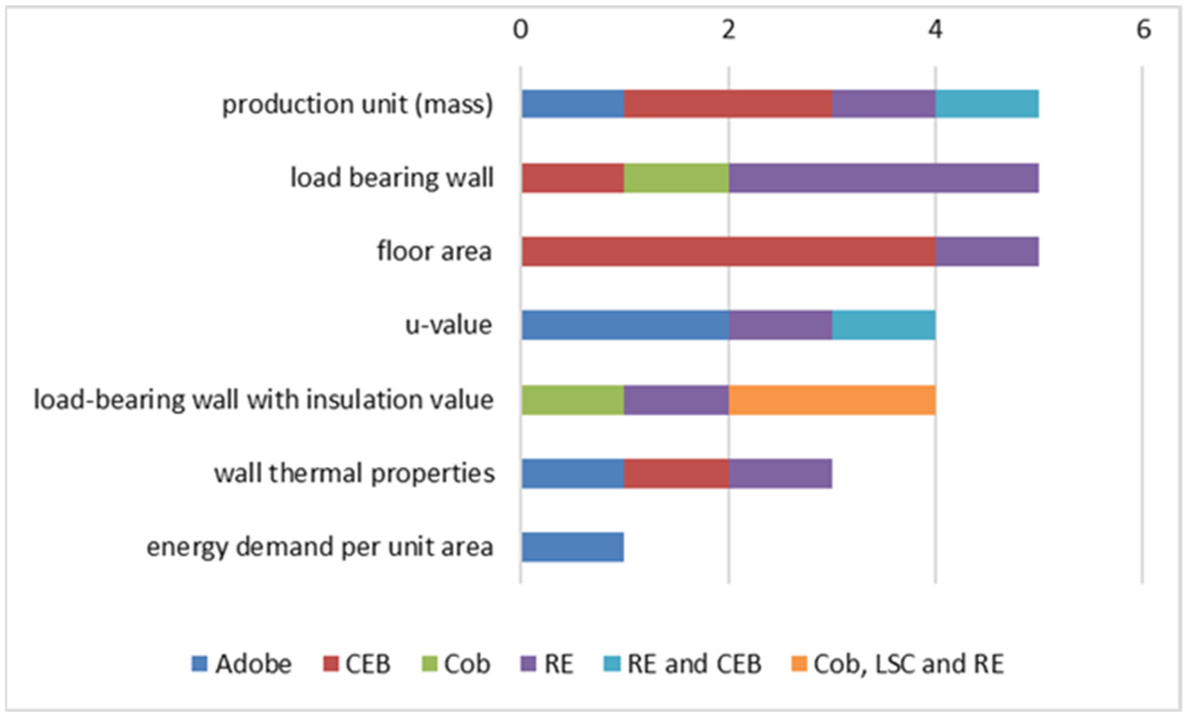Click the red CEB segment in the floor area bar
point(728,251)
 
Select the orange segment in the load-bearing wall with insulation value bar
point(832,400)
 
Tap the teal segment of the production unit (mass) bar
point(987,103)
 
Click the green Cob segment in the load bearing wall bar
point(676,178)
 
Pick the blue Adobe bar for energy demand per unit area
point(572,547)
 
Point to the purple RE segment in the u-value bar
point(781,325)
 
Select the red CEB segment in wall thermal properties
point(676,473)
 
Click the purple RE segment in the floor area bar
point(987,251)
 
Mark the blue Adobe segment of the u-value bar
point(625,325)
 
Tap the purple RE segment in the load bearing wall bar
point(884,178)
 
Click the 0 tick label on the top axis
point(520,30)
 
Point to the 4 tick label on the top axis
point(936,30)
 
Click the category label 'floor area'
point(434,251)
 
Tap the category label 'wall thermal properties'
point(354,473)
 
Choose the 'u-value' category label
point(448,325)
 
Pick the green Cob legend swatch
point(431,664)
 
